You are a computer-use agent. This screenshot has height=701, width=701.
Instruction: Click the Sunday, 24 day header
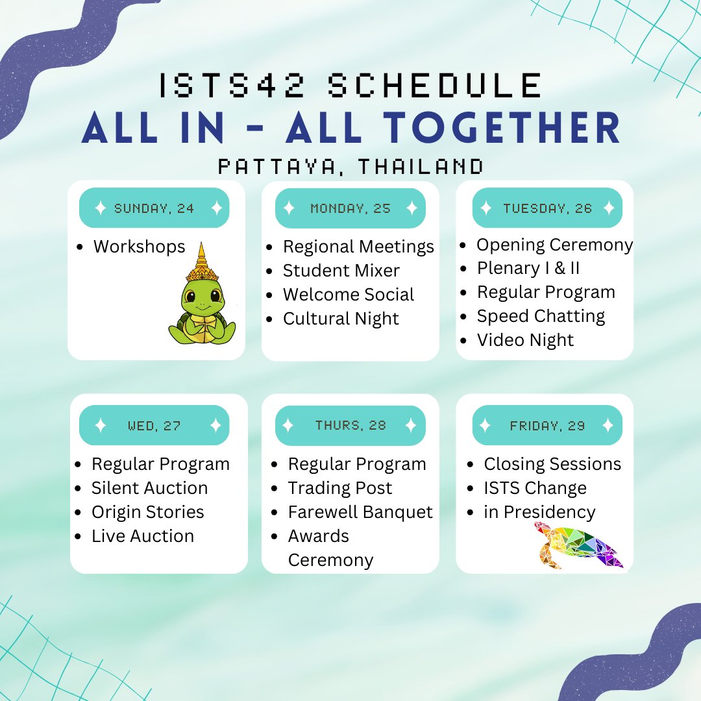[x=154, y=208]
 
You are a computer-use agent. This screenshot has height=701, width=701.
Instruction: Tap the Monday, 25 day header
[x=350, y=208]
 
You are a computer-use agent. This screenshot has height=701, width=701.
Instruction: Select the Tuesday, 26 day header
[x=547, y=208]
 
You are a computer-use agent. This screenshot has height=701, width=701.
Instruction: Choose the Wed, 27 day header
[x=154, y=426]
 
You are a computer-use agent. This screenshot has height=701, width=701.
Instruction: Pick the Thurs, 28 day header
[x=350, y=426]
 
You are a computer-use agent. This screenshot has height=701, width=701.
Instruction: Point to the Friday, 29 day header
[x=547, y=426]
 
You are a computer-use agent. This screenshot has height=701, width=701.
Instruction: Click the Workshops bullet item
[x=139, y=247]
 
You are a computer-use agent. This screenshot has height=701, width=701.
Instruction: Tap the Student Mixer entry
[x=341, y=271]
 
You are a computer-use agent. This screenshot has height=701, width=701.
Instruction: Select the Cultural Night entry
[x=341, y=319]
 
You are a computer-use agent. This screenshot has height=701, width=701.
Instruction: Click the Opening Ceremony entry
[x=554, y=245]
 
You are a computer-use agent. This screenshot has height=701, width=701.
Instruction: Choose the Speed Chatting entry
[x=541, y=316]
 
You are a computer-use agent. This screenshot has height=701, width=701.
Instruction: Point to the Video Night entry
[x=525, y=340]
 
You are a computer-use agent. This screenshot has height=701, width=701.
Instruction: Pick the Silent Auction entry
[x=149, y=488]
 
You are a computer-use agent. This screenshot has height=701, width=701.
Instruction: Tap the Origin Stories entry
[x=147, y=512]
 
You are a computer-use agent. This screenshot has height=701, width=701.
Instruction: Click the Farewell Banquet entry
[x=360, y=512]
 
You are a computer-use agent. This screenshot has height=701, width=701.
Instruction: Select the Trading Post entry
[x=340, y=488]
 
